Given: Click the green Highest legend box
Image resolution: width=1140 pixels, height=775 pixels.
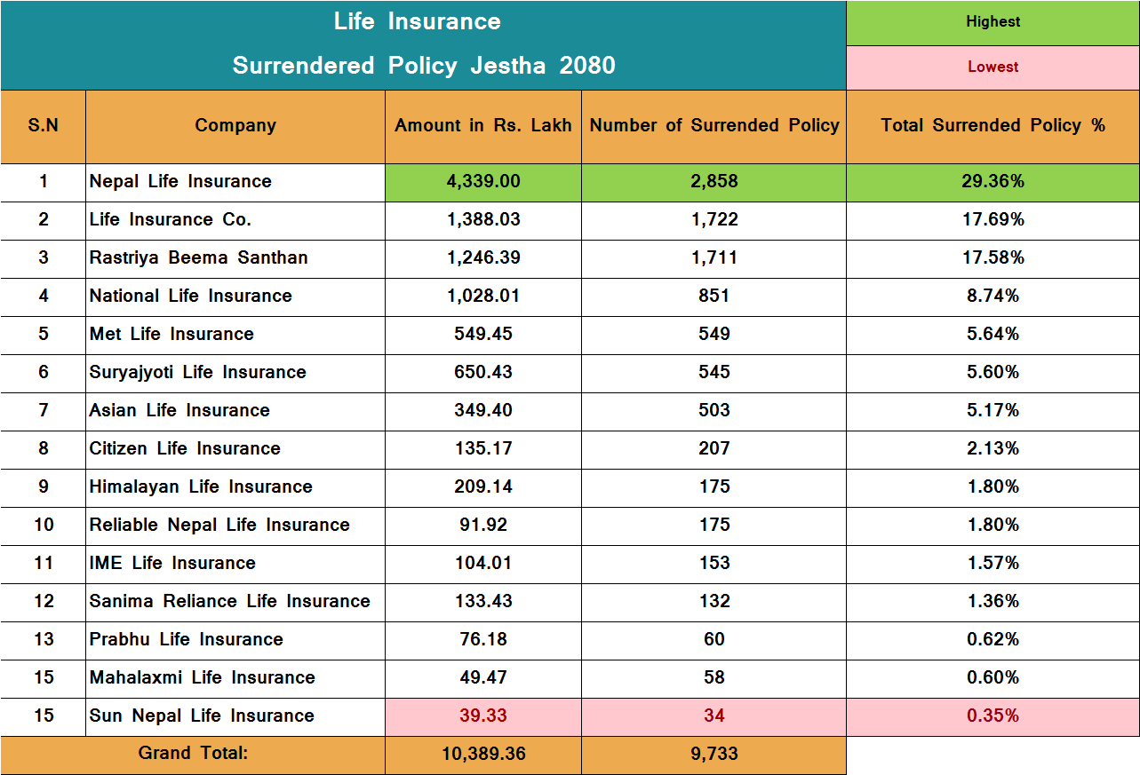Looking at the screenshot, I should coord(993,22).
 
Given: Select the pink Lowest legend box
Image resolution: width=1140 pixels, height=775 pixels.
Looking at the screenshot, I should coord(993,67).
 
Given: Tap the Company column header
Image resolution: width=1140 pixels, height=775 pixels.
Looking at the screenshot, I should coord(235,126).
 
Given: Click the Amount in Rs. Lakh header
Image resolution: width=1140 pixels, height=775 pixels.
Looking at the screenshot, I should coord(483,126).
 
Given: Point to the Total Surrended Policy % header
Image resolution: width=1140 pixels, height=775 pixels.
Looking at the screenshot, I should coord(993,126).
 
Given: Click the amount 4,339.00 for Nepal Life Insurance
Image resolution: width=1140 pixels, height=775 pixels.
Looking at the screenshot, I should coord(483,182).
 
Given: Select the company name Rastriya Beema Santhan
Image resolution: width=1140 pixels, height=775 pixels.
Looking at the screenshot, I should coord(198,258).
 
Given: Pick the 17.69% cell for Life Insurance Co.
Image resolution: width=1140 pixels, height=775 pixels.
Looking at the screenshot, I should coord(993,220).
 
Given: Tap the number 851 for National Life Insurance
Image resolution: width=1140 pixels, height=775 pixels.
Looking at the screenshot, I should coord(713,297).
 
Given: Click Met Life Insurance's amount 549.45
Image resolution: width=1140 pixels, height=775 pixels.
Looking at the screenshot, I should coord(483,335).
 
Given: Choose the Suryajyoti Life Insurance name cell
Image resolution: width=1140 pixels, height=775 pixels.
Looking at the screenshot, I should coord(197,373).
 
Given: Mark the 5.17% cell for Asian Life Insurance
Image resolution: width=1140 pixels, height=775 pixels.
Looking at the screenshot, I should coord(993,411).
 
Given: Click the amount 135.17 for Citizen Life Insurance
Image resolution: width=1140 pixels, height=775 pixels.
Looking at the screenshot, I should coord(483,449).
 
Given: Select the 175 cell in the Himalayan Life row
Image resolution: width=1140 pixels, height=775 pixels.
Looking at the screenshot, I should coord(713,487).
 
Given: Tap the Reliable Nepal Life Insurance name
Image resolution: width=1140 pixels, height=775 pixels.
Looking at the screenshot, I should coord(219,526).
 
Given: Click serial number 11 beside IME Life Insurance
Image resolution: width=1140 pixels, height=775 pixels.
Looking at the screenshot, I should coord(44,564).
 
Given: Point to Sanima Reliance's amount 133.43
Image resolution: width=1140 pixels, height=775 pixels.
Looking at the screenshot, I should coord(483,602).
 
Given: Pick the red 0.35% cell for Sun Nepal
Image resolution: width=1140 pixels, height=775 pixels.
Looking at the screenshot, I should coord(993,716).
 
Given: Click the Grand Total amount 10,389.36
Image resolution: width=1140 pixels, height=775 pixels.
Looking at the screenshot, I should coord(483,755).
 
